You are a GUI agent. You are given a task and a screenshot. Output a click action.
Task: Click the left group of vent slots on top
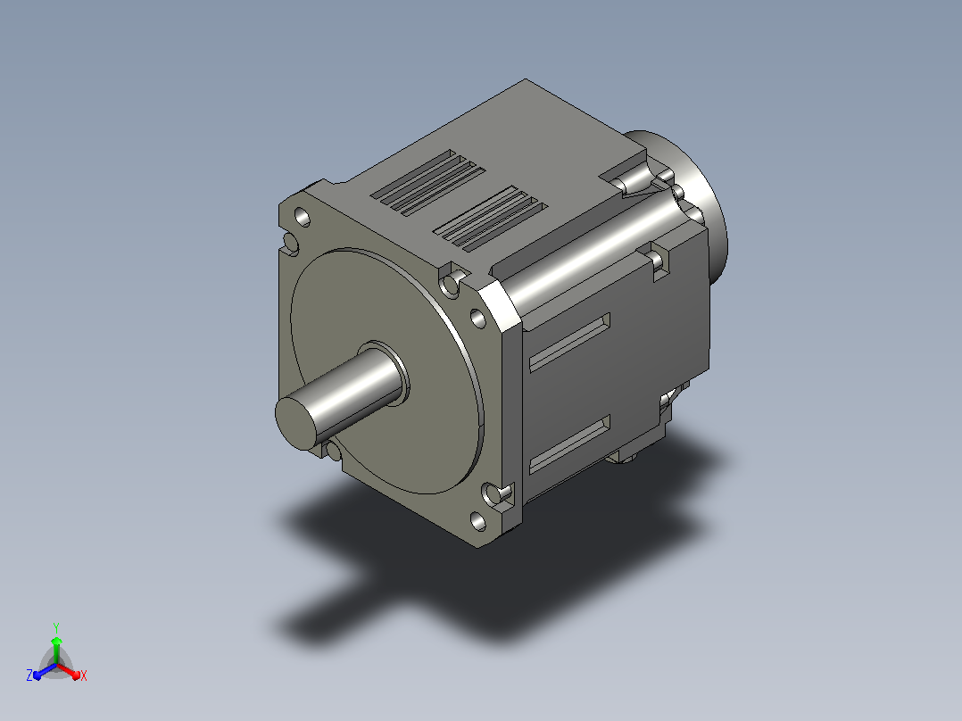(x=427, y=182)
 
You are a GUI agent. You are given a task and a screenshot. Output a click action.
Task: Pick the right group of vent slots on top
(x=490, y=220)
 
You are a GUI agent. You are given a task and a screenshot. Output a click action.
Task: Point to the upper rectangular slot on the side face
(x=569, y=343)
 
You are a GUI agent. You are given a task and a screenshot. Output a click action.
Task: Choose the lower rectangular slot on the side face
(x=569, y=444)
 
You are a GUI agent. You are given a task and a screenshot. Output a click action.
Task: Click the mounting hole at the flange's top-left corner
(x=303, y=217)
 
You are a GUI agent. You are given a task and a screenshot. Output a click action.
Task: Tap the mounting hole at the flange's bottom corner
(x=478, y=522)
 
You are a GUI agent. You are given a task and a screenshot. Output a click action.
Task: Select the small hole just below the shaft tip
(x=333, y=452)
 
